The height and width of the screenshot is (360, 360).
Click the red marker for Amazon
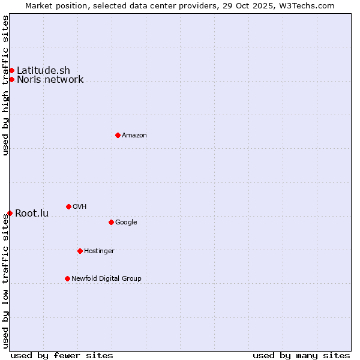tap(118, 135)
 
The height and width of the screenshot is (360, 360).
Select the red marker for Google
tap(111, 222)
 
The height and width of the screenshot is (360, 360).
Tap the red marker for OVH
tap(68, 206)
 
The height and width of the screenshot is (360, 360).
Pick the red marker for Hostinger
tap(80, 251)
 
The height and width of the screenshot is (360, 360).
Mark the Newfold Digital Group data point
tap(67, 278)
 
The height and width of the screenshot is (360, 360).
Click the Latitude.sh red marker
tap(11, 71)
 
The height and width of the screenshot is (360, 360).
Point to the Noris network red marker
tap(11, 79)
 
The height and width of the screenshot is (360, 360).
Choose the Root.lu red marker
tap(10, 213)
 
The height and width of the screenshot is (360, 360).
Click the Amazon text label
tap(134, 136)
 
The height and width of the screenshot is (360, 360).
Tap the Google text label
tap(126, 223)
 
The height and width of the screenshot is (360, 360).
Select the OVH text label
tap(79, 207)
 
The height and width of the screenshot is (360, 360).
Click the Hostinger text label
tap(99, 251)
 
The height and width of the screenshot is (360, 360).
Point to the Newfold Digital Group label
tap(106, 279)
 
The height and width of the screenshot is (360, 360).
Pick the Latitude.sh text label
tap(43, 71)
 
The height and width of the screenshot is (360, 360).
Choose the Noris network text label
tap(50, 80)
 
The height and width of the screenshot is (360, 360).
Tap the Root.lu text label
tap(32, 214)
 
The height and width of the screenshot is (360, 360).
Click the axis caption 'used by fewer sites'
tap(61, 355)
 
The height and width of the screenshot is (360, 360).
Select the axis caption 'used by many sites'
tap(301, 355)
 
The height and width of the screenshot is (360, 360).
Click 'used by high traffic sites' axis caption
tap(5, 85)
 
